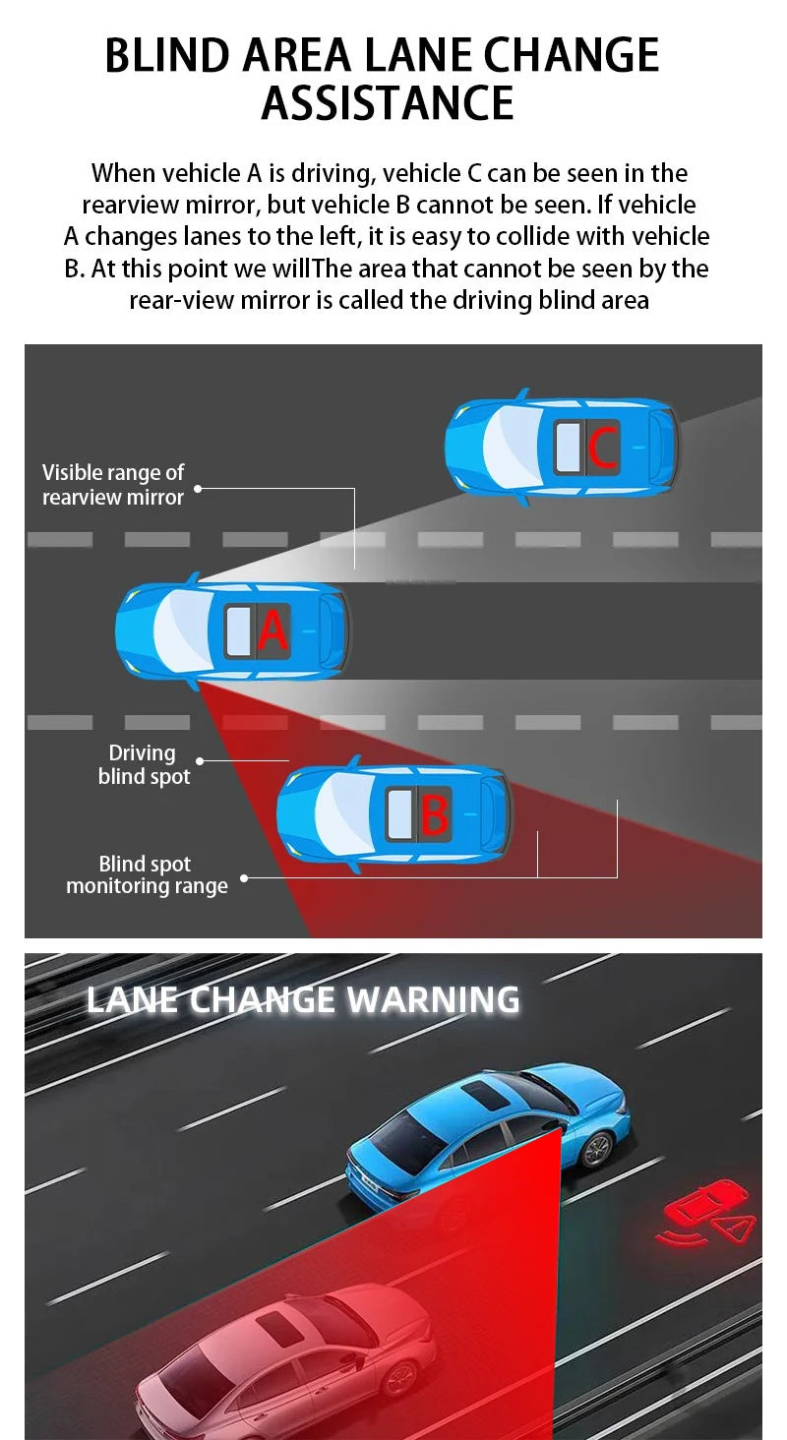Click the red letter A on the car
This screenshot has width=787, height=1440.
[x=272, y=630]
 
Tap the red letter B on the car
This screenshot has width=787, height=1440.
[x=434, y=814]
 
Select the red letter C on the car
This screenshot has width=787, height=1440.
[x=602, y=448]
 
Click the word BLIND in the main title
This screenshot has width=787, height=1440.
[x=164, y=55]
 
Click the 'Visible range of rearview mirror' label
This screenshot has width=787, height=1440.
[x=113, y=485]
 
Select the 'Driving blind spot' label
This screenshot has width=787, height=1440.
[x=144, y=764]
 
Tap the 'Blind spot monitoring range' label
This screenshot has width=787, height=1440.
[x=147, y=875]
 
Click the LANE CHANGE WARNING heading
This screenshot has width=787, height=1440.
[x=303, y=999]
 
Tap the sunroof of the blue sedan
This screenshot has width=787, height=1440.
[x=488, y=1089]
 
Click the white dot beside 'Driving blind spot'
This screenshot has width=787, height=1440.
[x=200, y=761]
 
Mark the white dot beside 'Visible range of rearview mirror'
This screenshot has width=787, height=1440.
[x=198, y=487]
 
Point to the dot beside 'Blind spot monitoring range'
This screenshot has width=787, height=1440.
[x=244, y=878]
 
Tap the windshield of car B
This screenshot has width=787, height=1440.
[x=340, y=813]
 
